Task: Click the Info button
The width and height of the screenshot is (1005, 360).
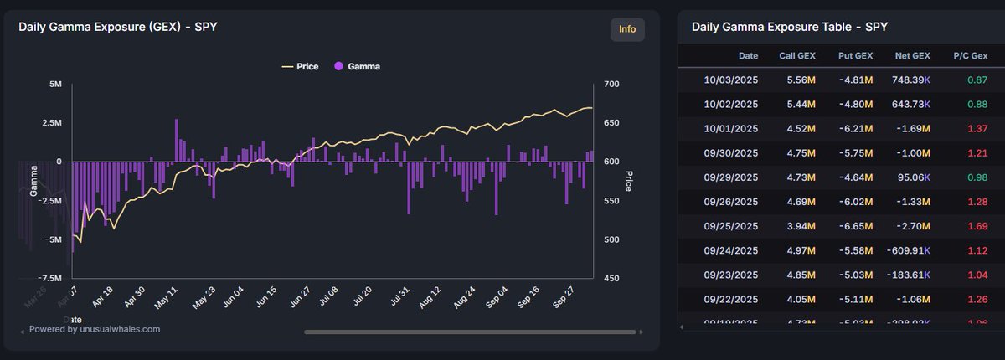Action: pos(627,29)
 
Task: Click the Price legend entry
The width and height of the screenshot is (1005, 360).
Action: pos(301,66)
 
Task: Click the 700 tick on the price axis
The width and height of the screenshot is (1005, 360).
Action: pos(611,85)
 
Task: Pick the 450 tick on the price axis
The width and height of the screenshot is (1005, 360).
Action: pos(611,278)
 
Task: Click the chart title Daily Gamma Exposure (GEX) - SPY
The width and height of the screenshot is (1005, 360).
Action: pos(119,27)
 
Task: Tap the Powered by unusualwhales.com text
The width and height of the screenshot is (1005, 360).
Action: pos(95,329)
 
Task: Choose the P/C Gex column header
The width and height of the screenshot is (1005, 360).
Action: pos(970,55)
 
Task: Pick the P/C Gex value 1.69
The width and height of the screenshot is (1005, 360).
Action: pos(977,225)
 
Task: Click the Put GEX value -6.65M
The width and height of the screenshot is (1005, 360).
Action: pos(855,225)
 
